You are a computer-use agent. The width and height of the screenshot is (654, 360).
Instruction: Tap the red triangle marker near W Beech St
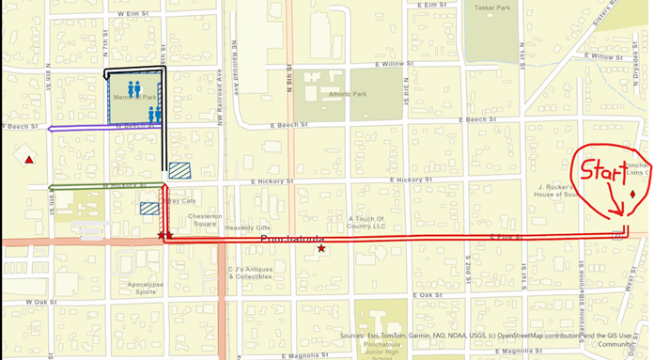click(30, 160)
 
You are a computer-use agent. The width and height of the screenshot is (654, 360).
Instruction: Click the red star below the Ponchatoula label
click(322, 249)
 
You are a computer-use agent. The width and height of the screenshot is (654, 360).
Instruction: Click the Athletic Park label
click(346, 94)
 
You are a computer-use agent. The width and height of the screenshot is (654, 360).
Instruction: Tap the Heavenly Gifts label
click(247, 227)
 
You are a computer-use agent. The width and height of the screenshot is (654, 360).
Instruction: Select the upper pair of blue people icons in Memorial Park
click(134, 88)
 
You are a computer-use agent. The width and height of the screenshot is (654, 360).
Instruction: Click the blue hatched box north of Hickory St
click(179, 170)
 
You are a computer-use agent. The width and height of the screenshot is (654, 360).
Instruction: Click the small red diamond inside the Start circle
click(632, 195)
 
